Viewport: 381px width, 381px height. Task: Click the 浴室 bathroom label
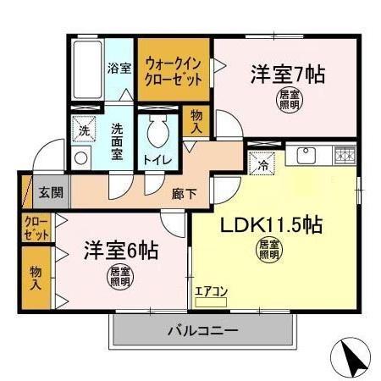click(119, 69)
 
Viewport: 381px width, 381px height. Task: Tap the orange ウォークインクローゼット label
click(174, 69)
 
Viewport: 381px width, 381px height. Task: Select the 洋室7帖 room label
click(287, 74)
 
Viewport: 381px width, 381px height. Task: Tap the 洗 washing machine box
click(84, 131)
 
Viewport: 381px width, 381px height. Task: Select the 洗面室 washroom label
click(118, 141)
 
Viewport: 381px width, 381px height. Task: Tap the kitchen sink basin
click(305, 156)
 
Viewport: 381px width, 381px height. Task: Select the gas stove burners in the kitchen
click(344, 154)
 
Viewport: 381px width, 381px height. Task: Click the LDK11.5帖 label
click(271, 226)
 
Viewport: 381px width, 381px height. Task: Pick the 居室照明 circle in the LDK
click(268, 250)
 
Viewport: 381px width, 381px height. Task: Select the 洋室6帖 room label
click(119, 251)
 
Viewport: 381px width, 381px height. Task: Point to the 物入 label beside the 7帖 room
click(196, 120)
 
